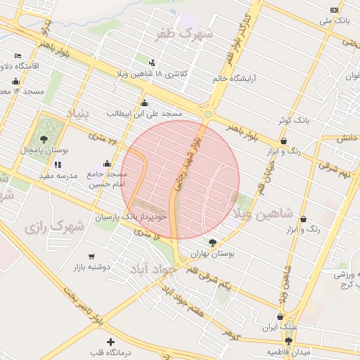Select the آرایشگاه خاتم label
(235, 79)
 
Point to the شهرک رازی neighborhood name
(53, 227)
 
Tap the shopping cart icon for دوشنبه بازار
(92, 257)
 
